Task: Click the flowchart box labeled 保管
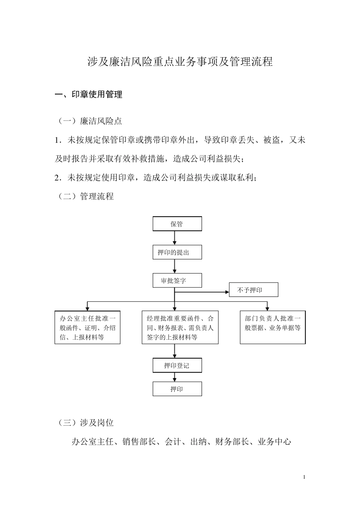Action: tap(177, 224)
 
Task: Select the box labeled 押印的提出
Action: tap(177, 252)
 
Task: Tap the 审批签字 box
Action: tap(177, 281)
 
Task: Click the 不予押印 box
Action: tap(253, 290)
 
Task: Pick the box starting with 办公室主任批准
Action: tap(88, 328)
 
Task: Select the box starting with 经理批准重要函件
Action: tap(180, 328)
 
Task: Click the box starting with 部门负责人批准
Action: tap(272, 328)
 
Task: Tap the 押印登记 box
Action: tap(177, 365)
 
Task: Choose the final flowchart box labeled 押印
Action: tap(177, 389)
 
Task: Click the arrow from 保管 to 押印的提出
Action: tap(174, 238)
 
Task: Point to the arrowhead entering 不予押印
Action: tap(227, 292)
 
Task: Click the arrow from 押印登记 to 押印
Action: tap(174, 377)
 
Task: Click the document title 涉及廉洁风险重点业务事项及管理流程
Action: tap(180, 62)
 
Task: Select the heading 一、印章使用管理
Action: tap(89, 95)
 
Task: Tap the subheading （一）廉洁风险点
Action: tap(90, 121)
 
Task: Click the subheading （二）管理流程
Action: tap(86, 196)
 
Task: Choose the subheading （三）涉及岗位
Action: tap(86, 423)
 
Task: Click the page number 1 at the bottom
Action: tap(304, 477)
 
